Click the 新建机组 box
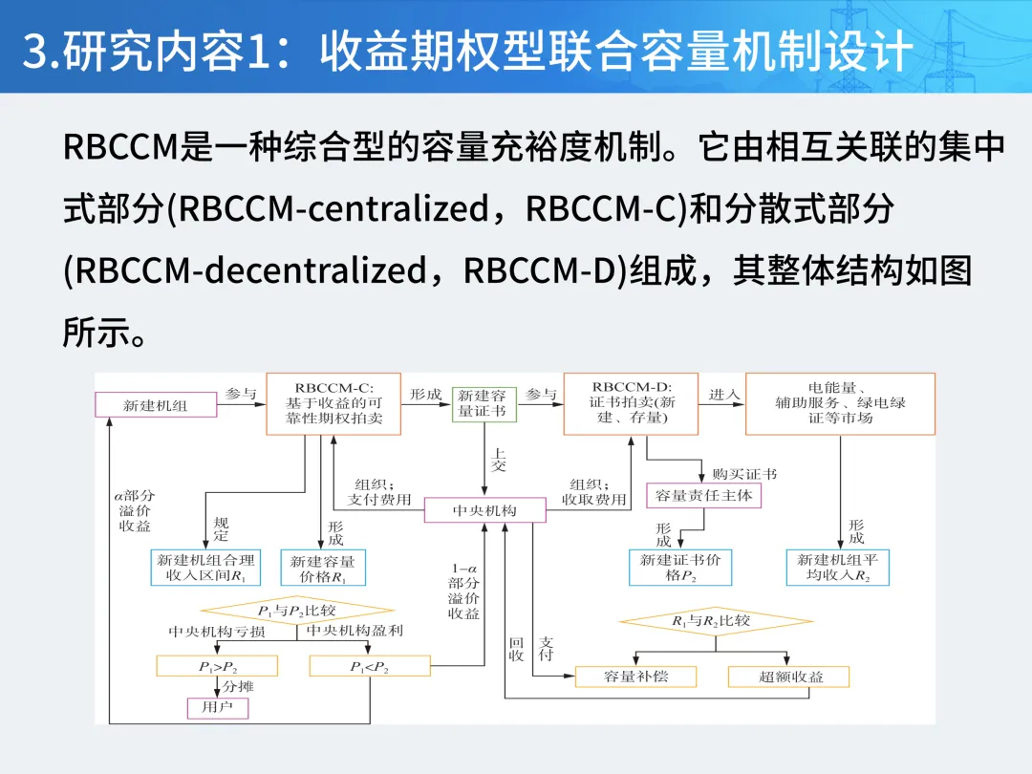[x=156, y=405]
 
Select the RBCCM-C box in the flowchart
[x=333, y=403]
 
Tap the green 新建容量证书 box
[x=484, y=404]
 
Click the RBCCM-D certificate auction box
[x=632, y=403]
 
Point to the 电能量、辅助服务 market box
[x=841, y=403]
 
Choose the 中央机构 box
[x=485, y=510]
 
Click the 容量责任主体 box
[x=703, y=496]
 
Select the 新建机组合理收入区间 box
[x=206, y=568]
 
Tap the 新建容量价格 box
[x=323, y=568]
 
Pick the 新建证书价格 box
[x=680, y=568]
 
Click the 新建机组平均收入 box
[x=838, y=568]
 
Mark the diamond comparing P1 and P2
[x=297, y=610]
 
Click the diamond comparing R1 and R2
[x=716, y=621]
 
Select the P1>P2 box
[x=217, y=666]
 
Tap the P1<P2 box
[x=370, y=666]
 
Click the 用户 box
[x=217, y=707]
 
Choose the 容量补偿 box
[x=635, y=677]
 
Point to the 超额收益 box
[x=788, y=677]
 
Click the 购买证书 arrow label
[x=744, y=474]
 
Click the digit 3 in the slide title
[x=34, y=51]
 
